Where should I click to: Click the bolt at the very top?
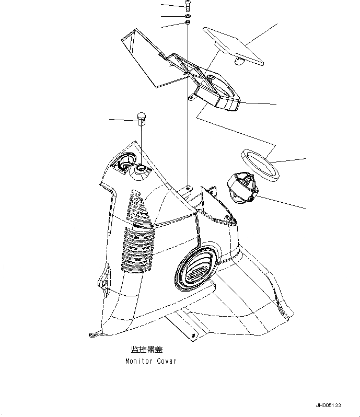[x=187, y=6]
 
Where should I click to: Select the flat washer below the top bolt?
[x=187, y=16]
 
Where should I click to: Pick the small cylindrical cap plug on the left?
[x=141, y=119]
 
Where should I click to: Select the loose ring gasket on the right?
[x=260, y=163]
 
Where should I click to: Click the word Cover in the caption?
[x=167, y=361]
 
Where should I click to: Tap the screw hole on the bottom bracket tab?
[x=193, y=335]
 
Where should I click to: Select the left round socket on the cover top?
[x=124, y=163]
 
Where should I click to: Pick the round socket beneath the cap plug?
[x=141, y=169]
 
